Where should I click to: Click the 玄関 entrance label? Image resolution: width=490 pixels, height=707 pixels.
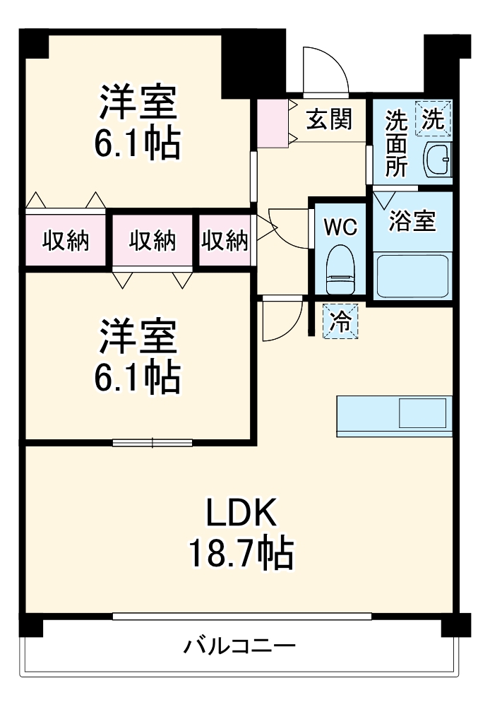point(328,120)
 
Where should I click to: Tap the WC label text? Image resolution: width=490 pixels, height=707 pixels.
point(341,227)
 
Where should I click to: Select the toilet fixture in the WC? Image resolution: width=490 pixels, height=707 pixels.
point(340,268)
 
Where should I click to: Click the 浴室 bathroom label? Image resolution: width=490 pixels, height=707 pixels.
point(412,221)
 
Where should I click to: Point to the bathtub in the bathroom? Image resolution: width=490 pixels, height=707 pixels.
point(412,276)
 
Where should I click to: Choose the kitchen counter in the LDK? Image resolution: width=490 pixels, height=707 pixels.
point(393,416)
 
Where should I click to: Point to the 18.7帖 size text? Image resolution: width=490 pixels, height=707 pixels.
point(240,555)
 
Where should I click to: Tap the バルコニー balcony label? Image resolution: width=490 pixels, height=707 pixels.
point(240,646)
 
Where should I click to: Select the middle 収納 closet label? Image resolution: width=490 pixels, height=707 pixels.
point(152,241)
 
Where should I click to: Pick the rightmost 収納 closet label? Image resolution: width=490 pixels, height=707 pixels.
point(225,241)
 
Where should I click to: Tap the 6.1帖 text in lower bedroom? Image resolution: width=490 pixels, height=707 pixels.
point(138,377)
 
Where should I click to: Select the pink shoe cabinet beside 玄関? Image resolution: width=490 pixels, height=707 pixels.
point(271,124)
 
